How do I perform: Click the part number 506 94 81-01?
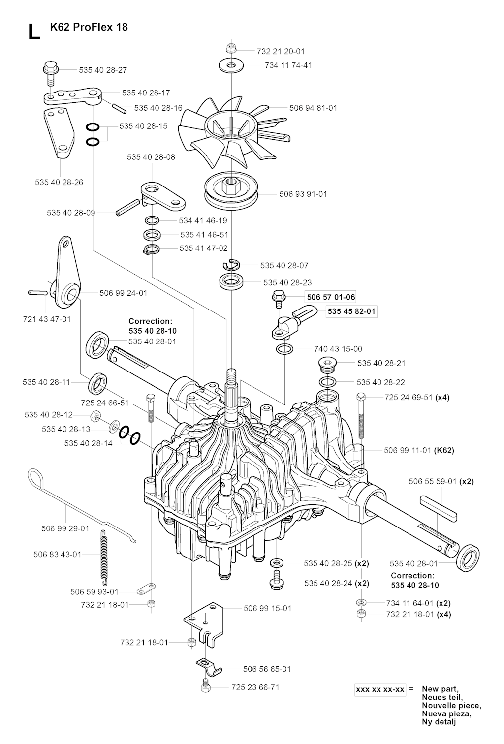313,108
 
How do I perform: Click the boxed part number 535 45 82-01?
351,311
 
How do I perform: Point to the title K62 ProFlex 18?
89,27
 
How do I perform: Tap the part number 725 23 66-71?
255,687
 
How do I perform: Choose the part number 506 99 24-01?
123,293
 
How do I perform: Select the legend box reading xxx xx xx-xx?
380,689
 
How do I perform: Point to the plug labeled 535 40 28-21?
326,365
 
